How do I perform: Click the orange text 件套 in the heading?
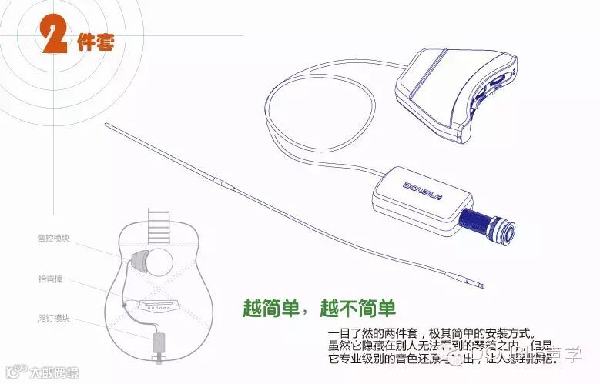pos(96,42)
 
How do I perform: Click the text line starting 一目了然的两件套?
pos(431,334)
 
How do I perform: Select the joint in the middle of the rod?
pos(221,182)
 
